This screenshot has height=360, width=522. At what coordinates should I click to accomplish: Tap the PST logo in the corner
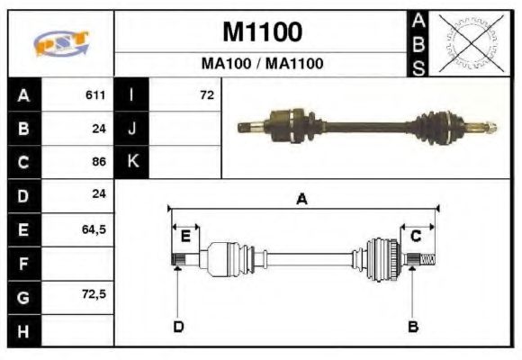(x=60, y=43)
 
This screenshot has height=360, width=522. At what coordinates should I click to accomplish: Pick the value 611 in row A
(x=95, y=95)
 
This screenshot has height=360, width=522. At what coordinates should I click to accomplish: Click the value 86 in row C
(x=99, y=163)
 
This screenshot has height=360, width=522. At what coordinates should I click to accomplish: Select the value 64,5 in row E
(x=94, y=229)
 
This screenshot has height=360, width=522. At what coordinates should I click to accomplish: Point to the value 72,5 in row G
(x=94, y=294)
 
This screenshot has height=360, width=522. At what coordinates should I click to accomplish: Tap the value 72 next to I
(x=207, y=94)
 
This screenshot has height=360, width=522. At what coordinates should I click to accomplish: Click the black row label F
(x=23, y=264)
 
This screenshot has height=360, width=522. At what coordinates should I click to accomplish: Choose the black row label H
(x=23, y=330)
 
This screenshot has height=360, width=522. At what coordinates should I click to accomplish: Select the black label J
(x=131, y=129)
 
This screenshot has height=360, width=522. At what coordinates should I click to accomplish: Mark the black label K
(x=131, y=162)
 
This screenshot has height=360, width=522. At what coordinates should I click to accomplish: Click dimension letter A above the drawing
(x=302, y=199)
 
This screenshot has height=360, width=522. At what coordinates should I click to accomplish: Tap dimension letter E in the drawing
(x=185, y=237)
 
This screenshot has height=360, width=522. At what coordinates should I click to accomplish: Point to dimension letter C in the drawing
(x=416, y=237)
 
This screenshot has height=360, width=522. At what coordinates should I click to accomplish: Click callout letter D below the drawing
(x=178, y=326)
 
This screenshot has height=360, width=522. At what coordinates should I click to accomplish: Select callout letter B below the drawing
(x=413, y=326)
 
